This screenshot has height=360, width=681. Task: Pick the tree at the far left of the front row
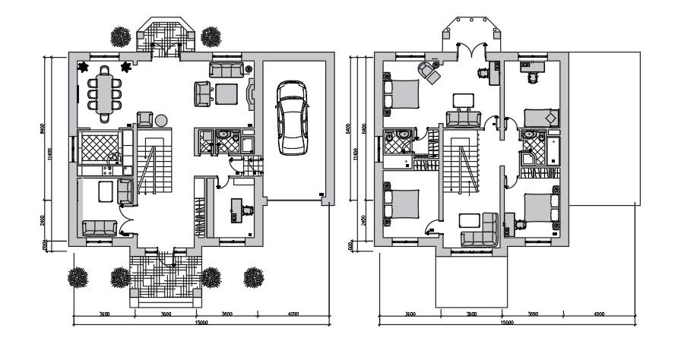[79, 277]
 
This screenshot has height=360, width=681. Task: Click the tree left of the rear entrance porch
[120, 36]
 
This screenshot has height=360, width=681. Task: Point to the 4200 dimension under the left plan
[292, 314]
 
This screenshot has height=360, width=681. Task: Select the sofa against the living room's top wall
[225, 71]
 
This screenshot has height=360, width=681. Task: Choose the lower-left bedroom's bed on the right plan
[402, 204]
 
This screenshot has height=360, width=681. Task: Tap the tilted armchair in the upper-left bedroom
[431, 72]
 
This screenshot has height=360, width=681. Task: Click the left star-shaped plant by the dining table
[83, 68]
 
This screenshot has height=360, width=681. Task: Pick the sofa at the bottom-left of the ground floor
[99, 227]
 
